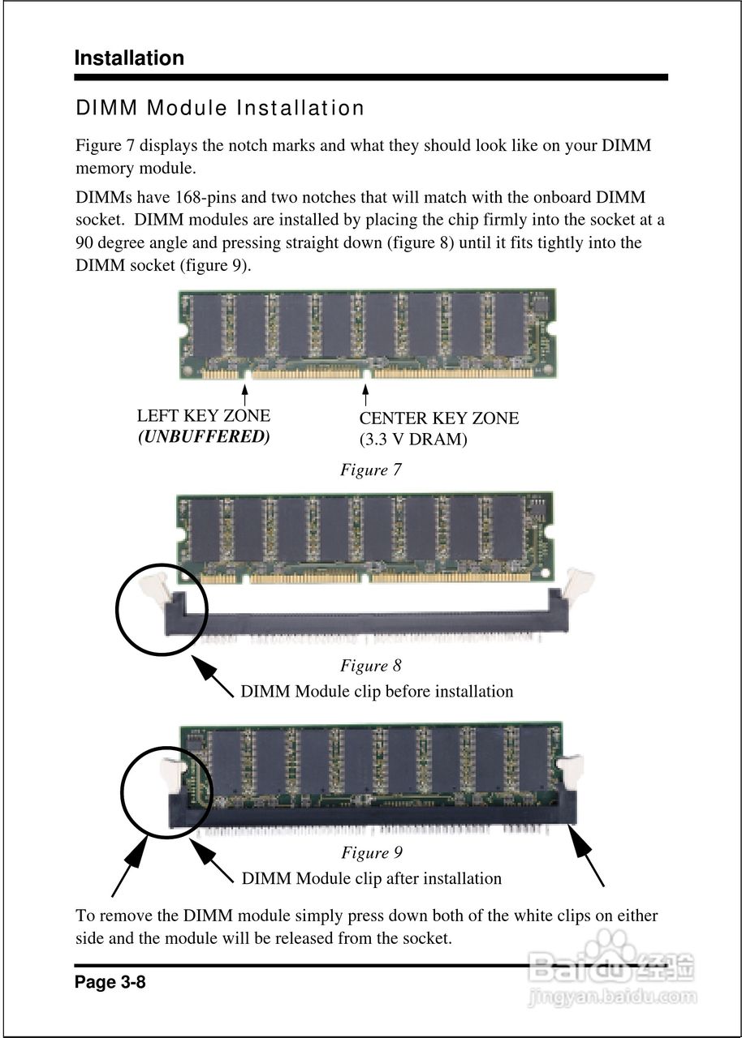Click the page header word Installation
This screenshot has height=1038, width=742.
pyautogui.click(x=129, y=58)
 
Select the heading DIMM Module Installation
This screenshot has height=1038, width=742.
pyautogui.click(x=220, y=108)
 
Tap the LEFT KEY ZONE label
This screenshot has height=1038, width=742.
pyautogui.click(x=204, y=416)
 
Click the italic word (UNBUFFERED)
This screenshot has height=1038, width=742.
pyautogui.click(x=204, y=436)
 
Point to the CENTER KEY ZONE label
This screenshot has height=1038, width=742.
pyautogui.click(x=438, y=418)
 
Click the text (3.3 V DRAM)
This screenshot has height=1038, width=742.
pyautogui.click(x=413, y=440)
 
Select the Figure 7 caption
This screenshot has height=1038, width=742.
pyautogui.click(x=370, y=470)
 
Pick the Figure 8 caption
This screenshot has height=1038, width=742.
pyautogui.click(x=370, y=666)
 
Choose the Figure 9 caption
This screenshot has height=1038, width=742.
pyautogui.click(x=371, y=852)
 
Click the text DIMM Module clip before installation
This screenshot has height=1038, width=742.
pyautogui.click(x=377, y=692)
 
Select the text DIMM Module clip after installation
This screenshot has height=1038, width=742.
pyautogui.click(x=372, y=878)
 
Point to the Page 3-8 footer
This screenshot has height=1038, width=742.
pyautogui.click(x=110, y=983)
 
